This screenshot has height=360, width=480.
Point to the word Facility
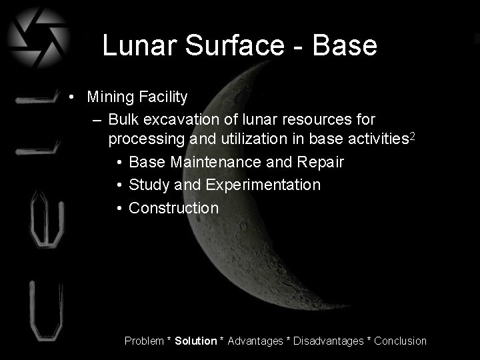click(x=164, y=97)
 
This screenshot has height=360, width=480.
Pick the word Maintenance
click(x=216, y=162)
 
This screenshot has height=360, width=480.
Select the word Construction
click(x=173, y=208)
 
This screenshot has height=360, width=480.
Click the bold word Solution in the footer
click(x=195, y=341)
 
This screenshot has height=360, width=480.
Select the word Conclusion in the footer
click(x=400, y=341)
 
